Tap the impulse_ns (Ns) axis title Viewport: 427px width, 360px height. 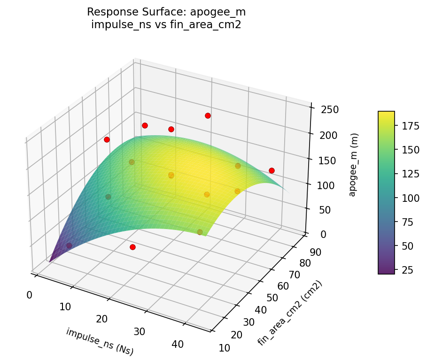(99, 341)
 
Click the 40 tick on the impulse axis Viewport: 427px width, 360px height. (177, 344)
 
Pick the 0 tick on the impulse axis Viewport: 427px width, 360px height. (29, 295)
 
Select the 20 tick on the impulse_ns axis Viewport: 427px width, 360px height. (101, 319)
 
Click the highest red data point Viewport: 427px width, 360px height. (208, 116)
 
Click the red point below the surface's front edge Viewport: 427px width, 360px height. (132, 247)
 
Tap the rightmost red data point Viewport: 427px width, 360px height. (272, 170)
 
